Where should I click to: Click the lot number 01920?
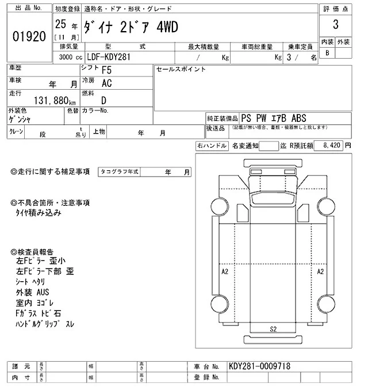(28, 36)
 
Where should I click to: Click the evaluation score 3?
(335, 26)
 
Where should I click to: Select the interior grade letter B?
(328, 53)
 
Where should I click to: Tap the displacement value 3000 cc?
(70, 57)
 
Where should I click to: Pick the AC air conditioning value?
(107, 83)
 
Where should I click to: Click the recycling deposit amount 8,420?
(332, 146)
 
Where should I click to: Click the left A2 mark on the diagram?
(225, 270)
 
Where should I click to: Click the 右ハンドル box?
(212, 146)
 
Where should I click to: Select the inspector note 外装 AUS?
(33, 292)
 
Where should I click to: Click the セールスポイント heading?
(181, 69)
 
